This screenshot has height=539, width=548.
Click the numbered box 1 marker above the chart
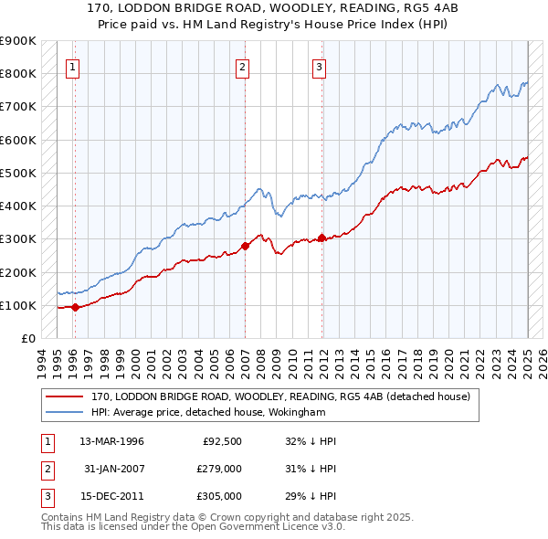pyautogui.click(x=72, y=66)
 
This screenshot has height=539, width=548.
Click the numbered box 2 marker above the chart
pyautogui.click(x=242, y=66)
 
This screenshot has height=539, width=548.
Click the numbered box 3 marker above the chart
pyautogui.click(x=319, y=66)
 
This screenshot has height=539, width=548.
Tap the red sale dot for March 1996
pyautogui.click(x=75, y=308)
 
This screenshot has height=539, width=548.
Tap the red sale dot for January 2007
pyautogui.click(x=245, y=246)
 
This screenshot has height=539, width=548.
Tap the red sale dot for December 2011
pyautogui.click(x=321, y=238)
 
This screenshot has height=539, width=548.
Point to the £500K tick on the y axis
pyautogui.click(x=18, y=173)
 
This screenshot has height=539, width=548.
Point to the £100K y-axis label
pyautogui.click(x=18, y=305)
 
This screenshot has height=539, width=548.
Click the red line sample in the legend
pyautogui.click(x=65, y=396)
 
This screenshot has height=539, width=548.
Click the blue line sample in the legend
pyautogui.click(x=65, y=412)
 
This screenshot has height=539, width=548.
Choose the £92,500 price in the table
pyautogui.click(x=222, y=441)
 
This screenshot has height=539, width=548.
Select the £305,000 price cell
pyautogui.click(x=219, y=496)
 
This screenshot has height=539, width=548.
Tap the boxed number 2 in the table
pyautogui.click(x=46, y=469)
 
